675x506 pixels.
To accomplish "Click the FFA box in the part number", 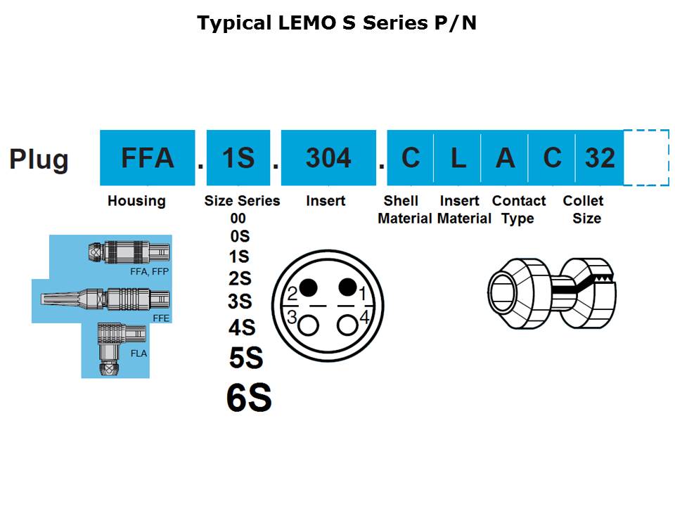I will tap(147, 158).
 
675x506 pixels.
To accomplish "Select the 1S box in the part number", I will tap(238, 158).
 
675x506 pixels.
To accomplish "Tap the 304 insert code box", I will tap(328, 158).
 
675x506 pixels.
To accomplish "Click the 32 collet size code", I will tap(600, 158).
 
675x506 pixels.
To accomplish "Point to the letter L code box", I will tap(458, 158).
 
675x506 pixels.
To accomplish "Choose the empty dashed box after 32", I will tap(645, 158).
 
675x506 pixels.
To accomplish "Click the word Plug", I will tap(39, 160).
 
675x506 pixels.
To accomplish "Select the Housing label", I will tap(136, 201).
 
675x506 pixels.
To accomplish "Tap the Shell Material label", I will tap(404, 209).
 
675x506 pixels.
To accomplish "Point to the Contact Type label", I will tap(519, 209).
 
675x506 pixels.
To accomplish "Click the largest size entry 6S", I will tap(249, 398).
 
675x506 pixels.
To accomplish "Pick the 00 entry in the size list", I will tap(238, 219).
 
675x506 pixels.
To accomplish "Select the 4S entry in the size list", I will tap(241, 327).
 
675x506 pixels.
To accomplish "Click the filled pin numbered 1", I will tap(347, 287).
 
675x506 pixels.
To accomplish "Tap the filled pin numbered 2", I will tap(308, 287).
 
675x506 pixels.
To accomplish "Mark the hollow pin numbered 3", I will tap(308, 325).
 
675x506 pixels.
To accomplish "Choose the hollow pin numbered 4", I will tap(347, 325).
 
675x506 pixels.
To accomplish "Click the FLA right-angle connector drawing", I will tap(112, 349).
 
